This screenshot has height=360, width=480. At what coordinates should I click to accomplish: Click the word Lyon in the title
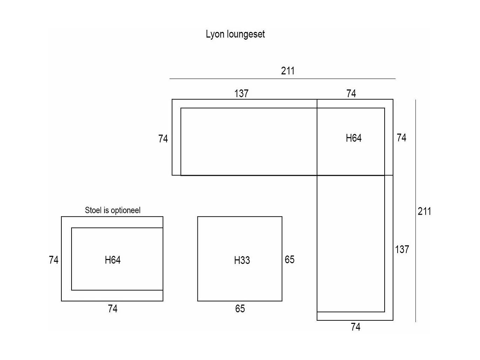click(x=215, y=34)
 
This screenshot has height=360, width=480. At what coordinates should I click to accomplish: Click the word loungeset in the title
click(x=246, y=34)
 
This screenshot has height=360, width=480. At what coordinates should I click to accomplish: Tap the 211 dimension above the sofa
click(x=288, y=71)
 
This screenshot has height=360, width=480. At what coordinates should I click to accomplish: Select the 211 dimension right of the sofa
click(x=424, y=211)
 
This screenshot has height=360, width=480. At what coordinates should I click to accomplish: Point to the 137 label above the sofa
click(x=241, y=94)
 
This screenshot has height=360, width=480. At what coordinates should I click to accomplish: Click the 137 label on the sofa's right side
click(x=402, y=249)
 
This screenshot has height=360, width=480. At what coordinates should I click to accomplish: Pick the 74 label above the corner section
click(x=351, y=94)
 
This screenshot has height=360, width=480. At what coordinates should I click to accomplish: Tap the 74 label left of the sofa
click(x=163, y=139)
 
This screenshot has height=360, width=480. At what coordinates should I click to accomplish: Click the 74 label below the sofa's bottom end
click(x=356, y=327)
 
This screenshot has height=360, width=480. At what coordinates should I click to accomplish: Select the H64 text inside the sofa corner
click(x=353, y=138)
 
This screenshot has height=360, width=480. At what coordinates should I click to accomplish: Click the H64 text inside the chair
click(x=113, y=260)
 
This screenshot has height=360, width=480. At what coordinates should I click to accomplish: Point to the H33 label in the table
click(x=242, y=260)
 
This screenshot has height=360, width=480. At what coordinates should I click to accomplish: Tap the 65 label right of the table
click(x=290, y=260)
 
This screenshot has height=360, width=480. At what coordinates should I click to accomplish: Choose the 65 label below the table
click(x=240, y=309)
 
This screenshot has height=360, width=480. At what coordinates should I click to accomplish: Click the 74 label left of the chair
click(x=54, y=260)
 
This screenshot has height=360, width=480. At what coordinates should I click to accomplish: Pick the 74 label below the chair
click(x=113, y=309)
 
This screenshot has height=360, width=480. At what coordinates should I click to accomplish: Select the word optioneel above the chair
click(x=126, y=211)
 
